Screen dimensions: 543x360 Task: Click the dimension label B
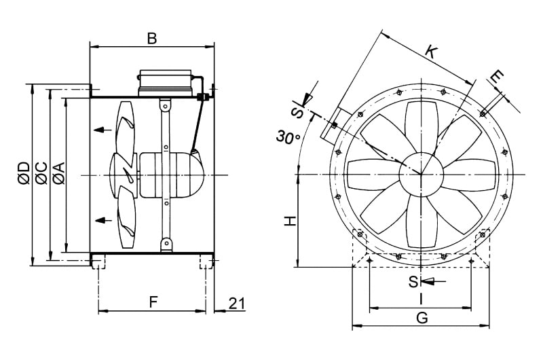(151, 38)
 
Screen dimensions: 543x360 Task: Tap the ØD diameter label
(25, 173)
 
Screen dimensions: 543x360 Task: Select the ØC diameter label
(41, 173)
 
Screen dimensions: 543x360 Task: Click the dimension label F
(153, 302)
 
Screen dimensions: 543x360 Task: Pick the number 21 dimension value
(237, 304)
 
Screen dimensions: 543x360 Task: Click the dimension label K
(432, 52)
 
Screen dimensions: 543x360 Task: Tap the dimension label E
(498, 77)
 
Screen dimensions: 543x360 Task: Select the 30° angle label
(288, 137)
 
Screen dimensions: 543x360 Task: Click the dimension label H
(291, 221)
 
